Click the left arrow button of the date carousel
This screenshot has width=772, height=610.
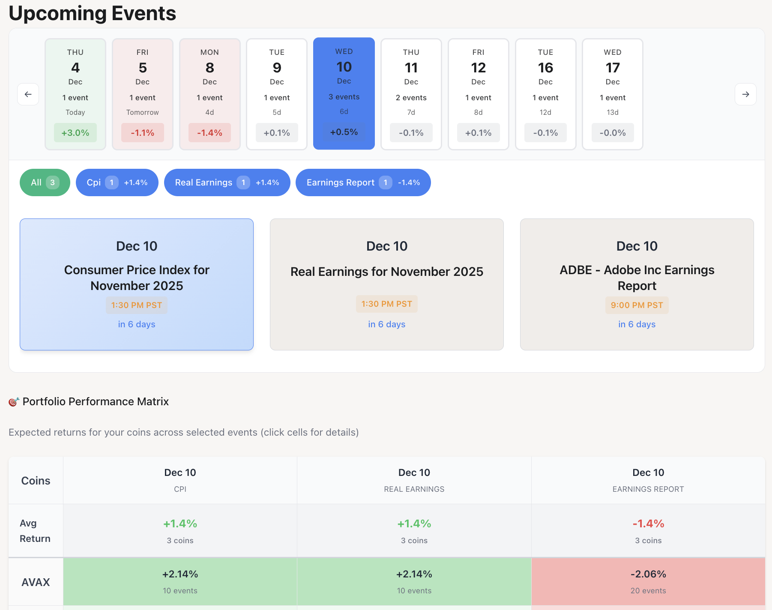pyautogui.click(x=28, y=94)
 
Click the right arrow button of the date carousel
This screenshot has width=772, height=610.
pyautogui.click(x=745, y=94)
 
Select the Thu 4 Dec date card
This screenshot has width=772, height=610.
pyautogui.click(x=75, y=94)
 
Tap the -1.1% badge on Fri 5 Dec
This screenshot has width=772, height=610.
pyautogui.click(x=143, y=133)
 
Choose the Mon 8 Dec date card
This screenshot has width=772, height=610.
pyautogui.click(x=210, y=94)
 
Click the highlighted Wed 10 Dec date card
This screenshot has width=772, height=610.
pyautogui.click(x=344, y=93)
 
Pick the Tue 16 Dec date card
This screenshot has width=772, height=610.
pyautogui.click(x=545, y=94)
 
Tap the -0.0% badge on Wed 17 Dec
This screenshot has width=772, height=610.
pyautogui.click(x=613, y=133)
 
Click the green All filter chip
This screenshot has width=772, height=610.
pyautogui.click(x=45, y=182)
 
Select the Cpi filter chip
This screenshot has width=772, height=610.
pyautogui.click(x=117, y=182)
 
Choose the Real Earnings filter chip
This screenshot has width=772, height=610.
pyautogui.click(x=227, y=182)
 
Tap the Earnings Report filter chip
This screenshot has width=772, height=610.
pyautogui.click(x=363, y=182)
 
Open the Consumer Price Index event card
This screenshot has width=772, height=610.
pyautogui.click(x=137, y=284)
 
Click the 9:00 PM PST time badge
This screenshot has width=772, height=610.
pyautogui.click(x=637, y=305)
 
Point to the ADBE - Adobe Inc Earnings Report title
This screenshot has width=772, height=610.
pyautogui.click(x=637, y=278)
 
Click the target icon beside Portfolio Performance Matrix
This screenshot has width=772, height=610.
pyautogui.click(x=14, y=402)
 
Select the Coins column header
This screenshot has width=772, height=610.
pyautogui.click(x=36, y=481)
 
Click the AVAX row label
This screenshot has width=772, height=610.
pyautogui.click(x=36, y=582)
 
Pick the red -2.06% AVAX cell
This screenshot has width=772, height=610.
pyautogui.click(x=648, y=581)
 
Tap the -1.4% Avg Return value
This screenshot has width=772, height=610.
pyautogui.click(x=648, y=523)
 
